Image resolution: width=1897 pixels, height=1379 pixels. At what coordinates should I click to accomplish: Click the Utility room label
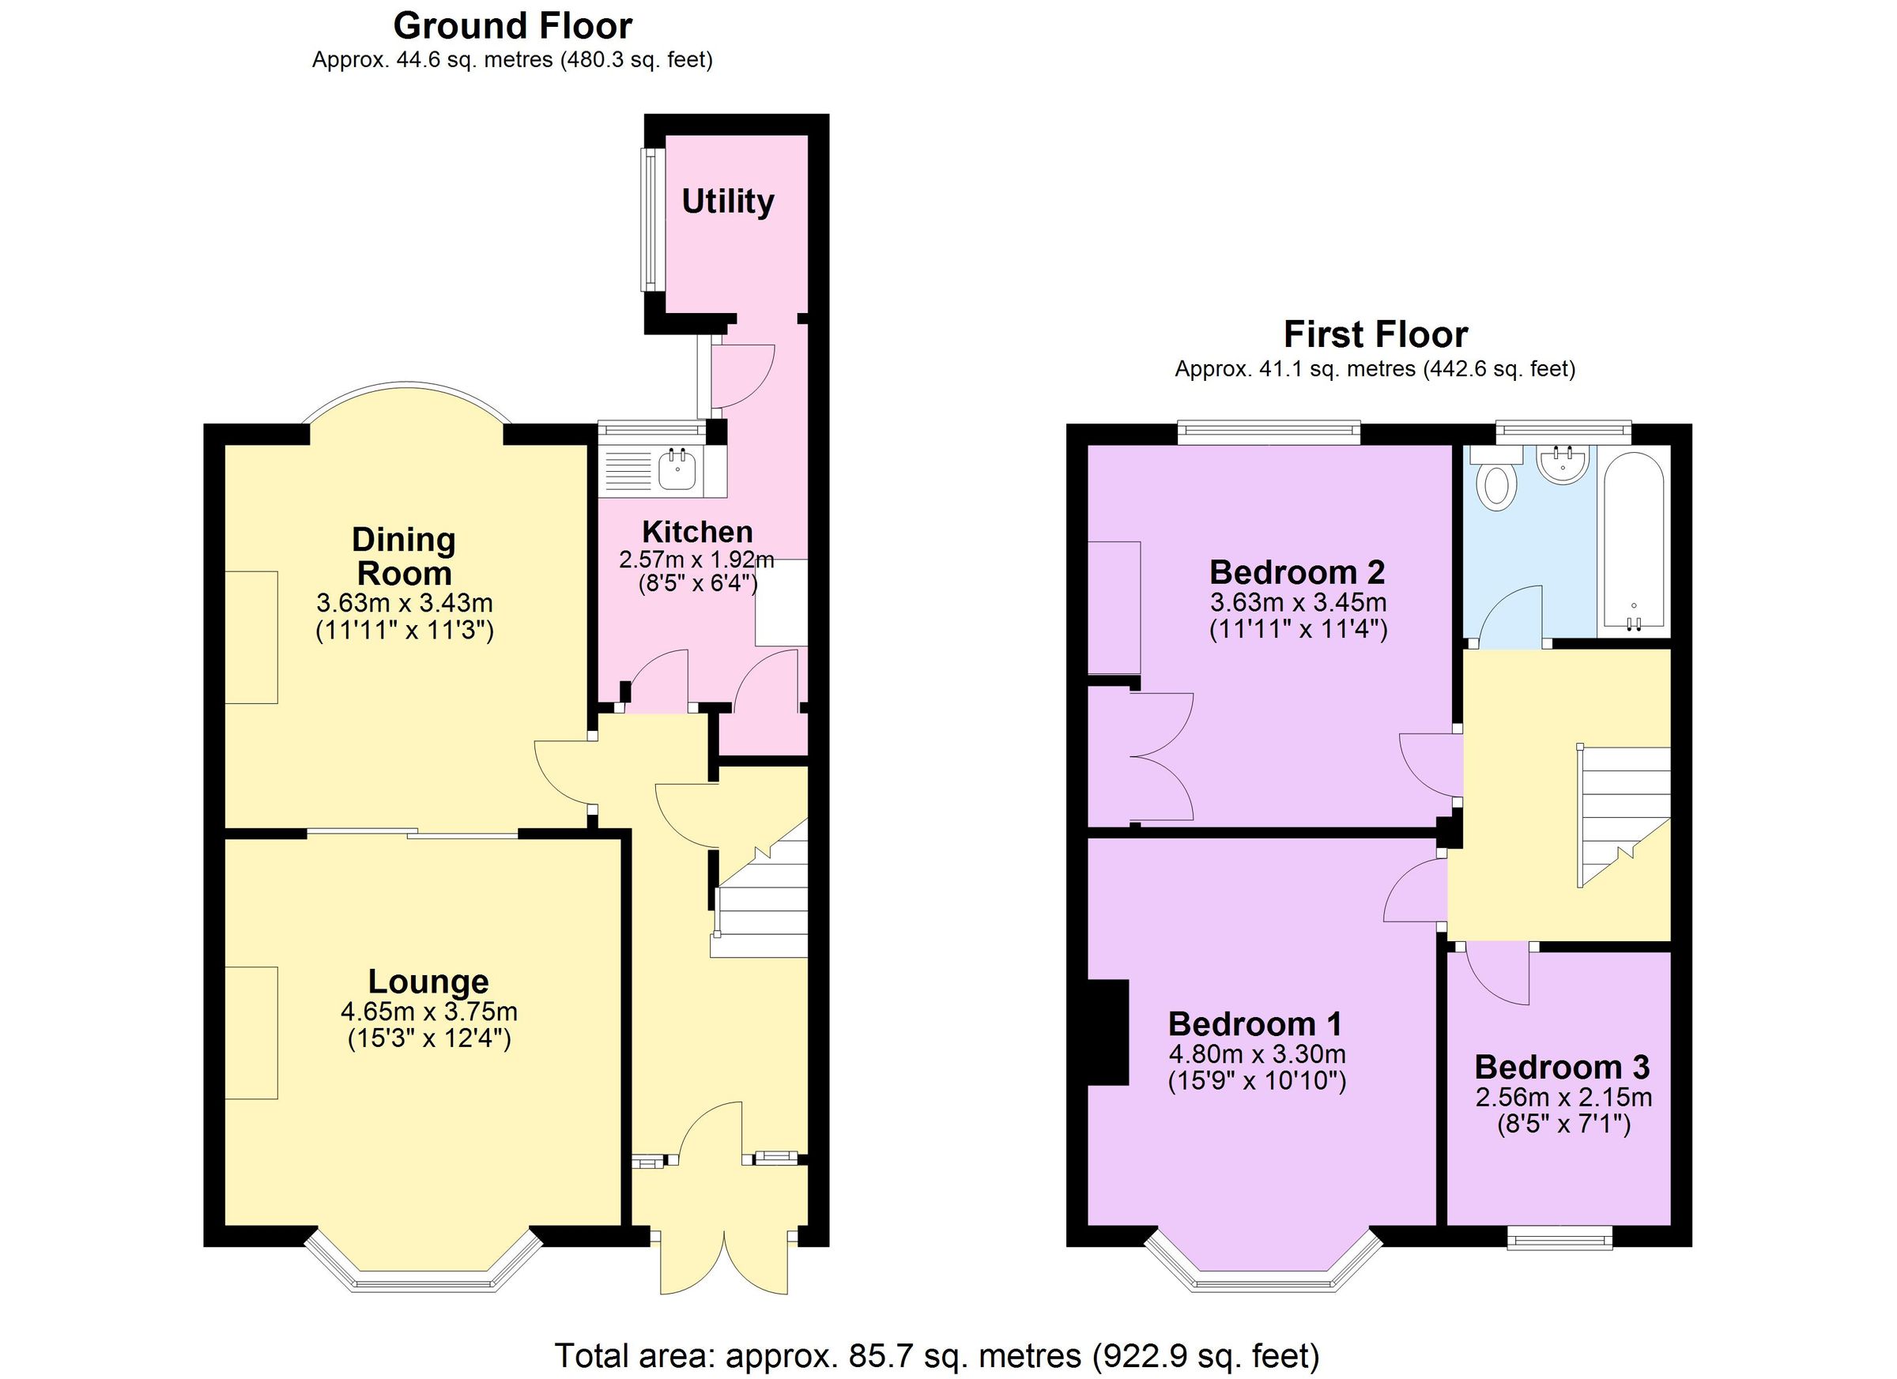click(727, 202)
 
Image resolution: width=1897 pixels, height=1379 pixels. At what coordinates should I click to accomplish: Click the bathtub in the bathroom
click(1632, 540)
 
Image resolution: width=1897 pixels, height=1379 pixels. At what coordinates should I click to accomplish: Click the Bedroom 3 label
click(1561, 1067)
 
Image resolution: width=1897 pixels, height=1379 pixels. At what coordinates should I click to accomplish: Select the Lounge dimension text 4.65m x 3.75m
click(428, 1012)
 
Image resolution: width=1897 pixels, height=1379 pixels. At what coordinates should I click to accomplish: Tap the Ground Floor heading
click(512, 26)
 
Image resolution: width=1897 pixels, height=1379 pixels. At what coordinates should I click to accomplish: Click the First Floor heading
click(1375, 334)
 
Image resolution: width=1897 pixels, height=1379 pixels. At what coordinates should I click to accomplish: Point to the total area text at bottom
click(937, 1354)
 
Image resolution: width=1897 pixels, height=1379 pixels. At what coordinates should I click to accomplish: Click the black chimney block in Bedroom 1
click(1107, 1032)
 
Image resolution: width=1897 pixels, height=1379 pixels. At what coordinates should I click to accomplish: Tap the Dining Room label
click(403, 556)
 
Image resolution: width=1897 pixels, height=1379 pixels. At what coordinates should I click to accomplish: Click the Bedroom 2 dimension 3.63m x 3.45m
click(1298, 602)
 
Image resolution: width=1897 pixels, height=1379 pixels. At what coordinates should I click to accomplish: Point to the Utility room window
click(649, 220)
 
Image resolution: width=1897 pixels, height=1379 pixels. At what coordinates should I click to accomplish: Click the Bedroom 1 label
click(1254, 1023)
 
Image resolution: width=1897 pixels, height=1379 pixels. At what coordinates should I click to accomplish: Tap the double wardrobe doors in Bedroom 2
click(1163, 757)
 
